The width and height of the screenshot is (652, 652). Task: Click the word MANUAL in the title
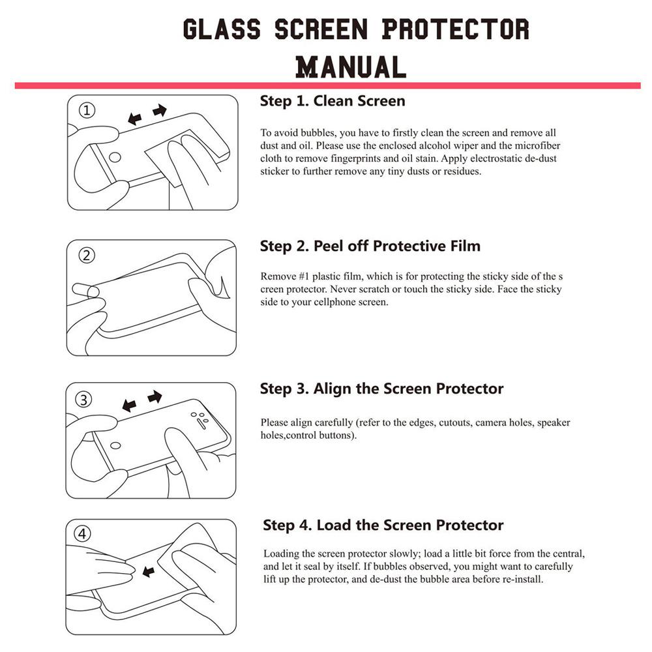click(x=351, y=67)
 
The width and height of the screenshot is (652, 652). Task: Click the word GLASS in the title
click(x=222, y=29)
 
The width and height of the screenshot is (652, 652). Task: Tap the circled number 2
click(x=87, y=255)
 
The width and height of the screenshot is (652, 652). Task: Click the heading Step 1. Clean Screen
click(x=332, y=101)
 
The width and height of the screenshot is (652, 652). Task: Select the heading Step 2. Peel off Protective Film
click(x=370, y=246)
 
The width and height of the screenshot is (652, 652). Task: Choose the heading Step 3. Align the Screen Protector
click(x=381, y=389)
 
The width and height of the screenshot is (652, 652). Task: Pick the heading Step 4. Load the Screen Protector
click(x=383, y=525)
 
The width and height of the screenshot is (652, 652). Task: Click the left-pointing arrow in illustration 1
click(x=135, y=119)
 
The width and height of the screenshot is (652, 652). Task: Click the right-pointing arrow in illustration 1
click(x=160, y=111)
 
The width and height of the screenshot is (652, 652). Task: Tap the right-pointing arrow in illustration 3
click(x=155, y=396)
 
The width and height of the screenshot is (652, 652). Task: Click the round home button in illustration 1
click(x=115, y=157)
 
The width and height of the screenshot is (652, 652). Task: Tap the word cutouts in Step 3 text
click(x=451, y=422)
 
